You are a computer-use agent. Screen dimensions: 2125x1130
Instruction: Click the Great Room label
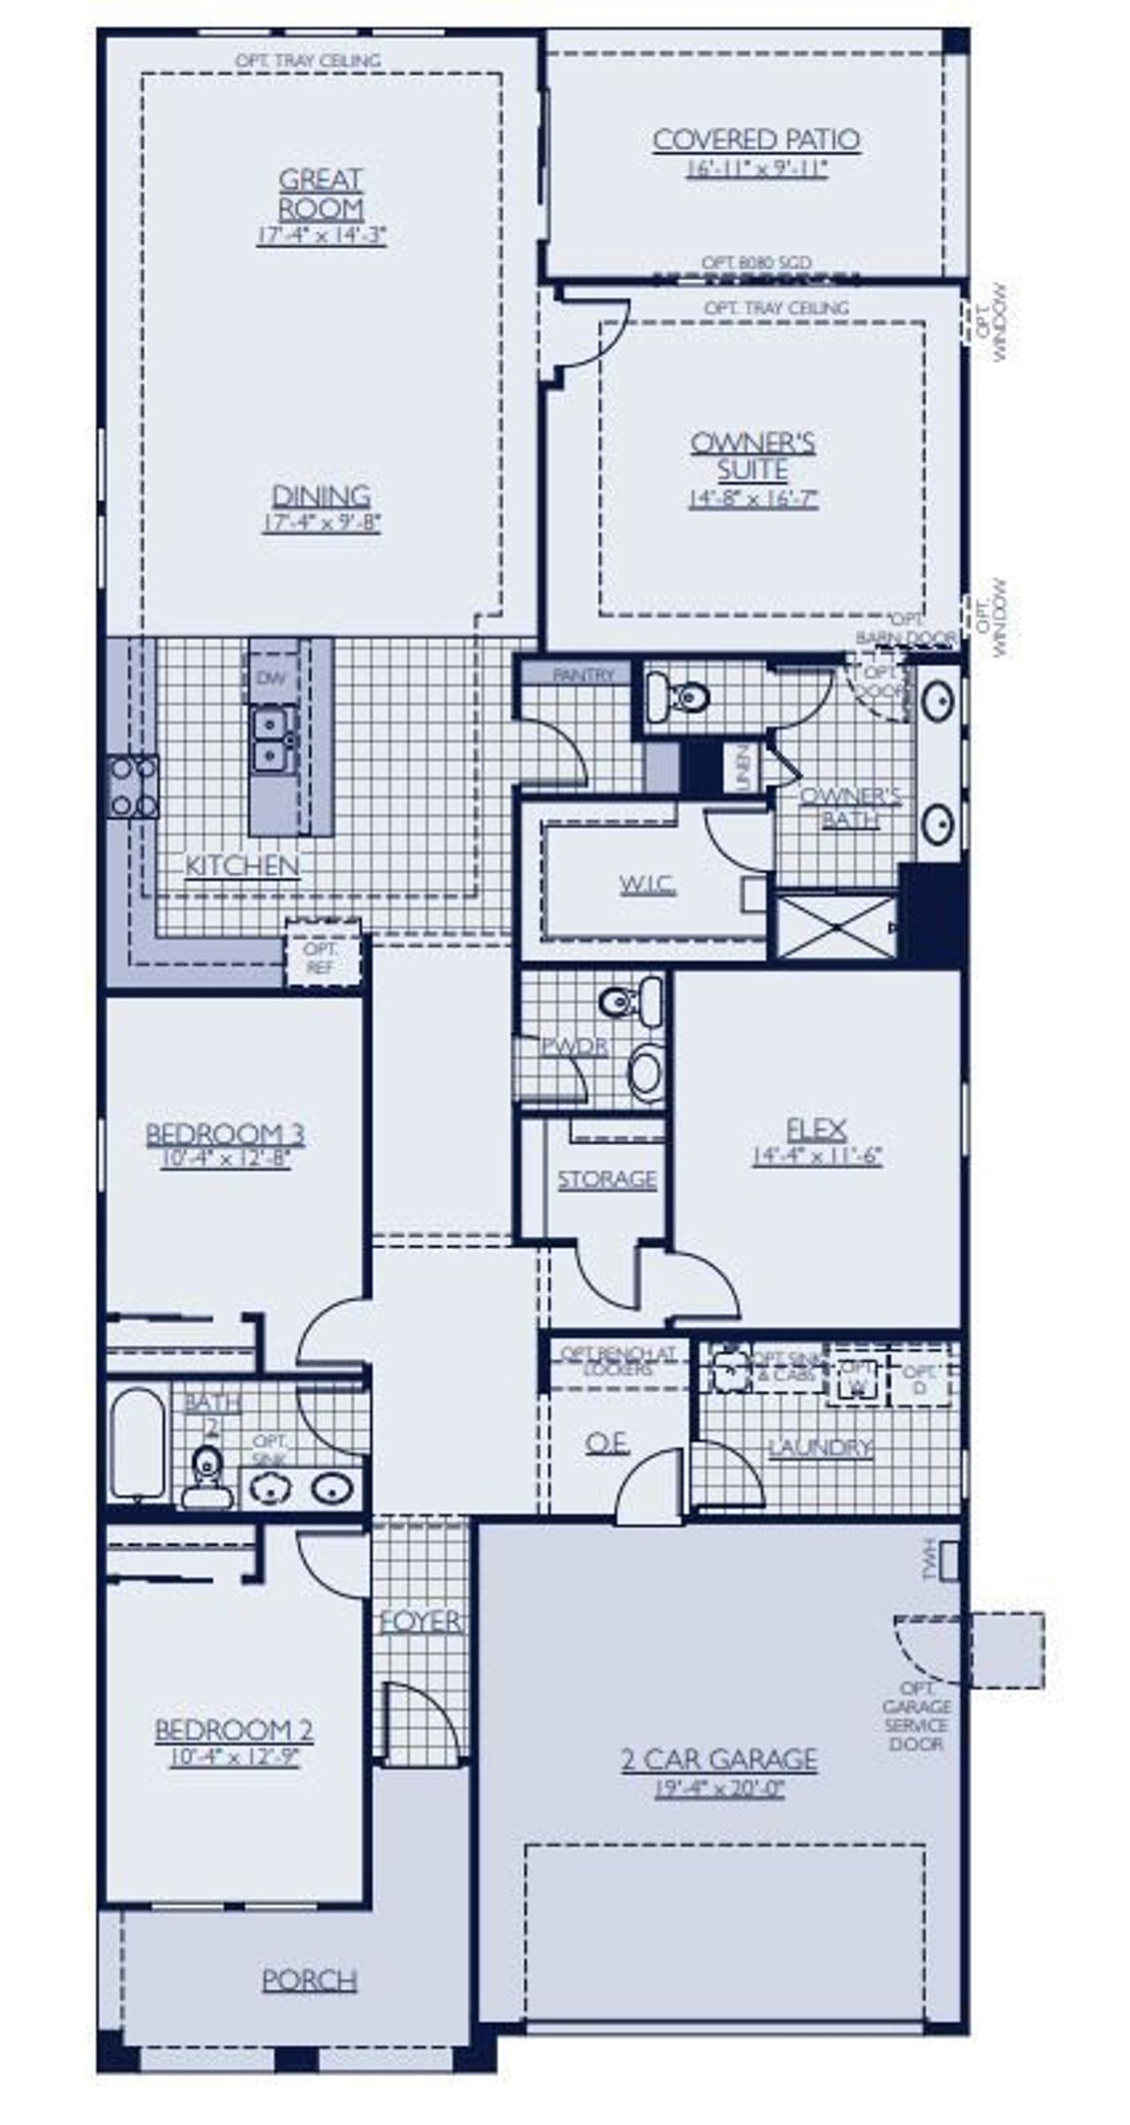point(320,194)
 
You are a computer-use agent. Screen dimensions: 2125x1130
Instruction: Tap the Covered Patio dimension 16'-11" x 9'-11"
point(757,169)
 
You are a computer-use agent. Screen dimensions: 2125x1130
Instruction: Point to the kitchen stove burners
point(133,786)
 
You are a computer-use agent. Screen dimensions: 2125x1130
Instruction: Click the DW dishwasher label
point(272,677)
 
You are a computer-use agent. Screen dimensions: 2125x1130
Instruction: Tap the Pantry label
point(583,675)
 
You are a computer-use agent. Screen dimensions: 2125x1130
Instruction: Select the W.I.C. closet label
point(647,884)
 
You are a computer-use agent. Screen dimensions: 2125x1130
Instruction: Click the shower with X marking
point(835,926)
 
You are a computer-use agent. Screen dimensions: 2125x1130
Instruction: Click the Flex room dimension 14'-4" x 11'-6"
point(817,1156)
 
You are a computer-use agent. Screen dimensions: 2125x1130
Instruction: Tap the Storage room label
point(606,1179)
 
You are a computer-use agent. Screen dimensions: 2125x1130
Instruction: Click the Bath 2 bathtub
point(137,1443)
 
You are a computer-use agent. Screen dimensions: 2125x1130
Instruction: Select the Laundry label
point(819,1448)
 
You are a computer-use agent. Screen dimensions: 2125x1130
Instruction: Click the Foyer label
point(420,1622)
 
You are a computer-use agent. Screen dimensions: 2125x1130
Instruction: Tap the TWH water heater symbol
point(948,1561)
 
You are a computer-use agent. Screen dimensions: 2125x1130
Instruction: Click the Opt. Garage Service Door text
point(916,1715)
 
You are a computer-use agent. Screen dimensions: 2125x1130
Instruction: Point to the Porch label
point(309,1980)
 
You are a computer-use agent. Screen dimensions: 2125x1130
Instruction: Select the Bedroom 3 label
point(225,1133)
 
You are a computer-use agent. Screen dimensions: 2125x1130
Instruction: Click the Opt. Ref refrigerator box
point(321,957)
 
